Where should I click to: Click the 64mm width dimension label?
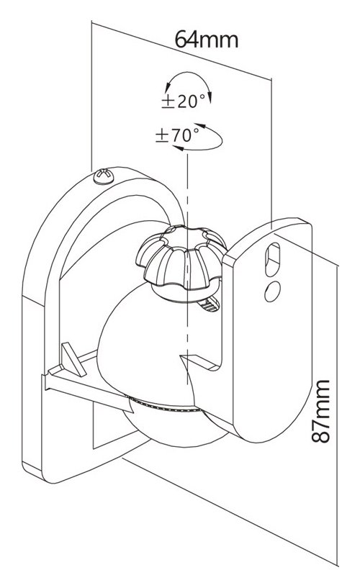207,39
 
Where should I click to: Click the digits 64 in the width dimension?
187,39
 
